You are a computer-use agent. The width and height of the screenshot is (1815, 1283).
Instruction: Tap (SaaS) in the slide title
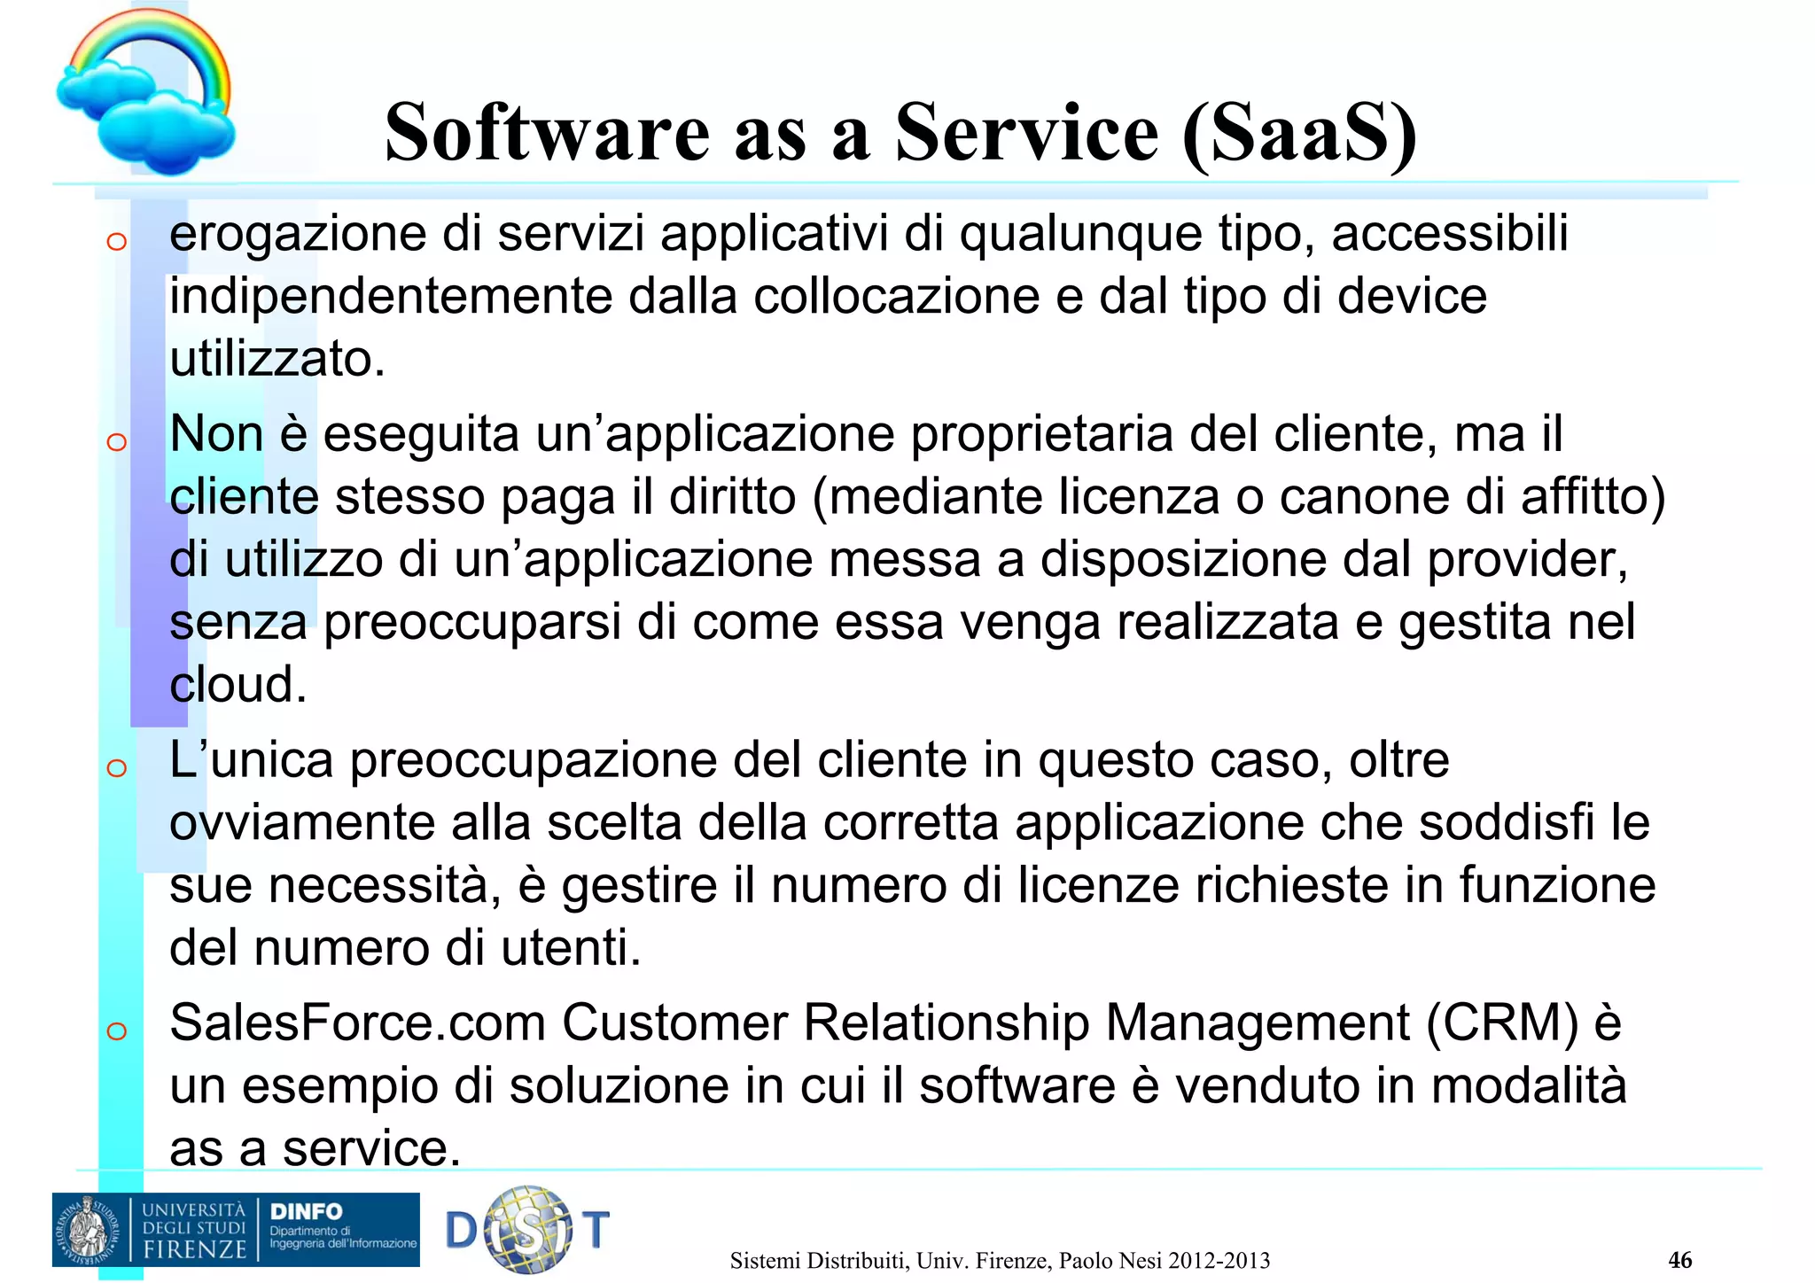[1299, 133]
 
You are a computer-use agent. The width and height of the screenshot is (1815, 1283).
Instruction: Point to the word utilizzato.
[277, 360]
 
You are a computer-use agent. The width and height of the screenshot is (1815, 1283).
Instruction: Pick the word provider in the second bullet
[1524, 560]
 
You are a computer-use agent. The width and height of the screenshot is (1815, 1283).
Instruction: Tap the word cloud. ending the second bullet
[238, 685]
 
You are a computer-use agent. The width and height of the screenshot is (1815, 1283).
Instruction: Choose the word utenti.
[570, 948]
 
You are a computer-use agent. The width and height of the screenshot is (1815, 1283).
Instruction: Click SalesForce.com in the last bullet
[356, 1023]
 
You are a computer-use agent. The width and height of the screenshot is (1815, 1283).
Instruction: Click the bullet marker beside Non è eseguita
[116, 441]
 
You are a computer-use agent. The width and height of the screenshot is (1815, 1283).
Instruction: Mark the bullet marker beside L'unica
[116, 767]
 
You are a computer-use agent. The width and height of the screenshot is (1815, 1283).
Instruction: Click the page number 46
[1679, 1260]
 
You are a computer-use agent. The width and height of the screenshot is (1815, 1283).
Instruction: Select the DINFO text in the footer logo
[306, 1211]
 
